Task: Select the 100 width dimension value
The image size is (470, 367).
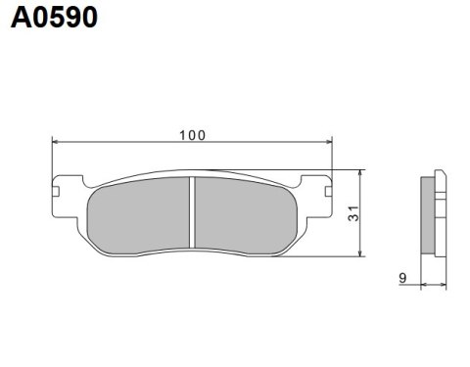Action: [192, 134]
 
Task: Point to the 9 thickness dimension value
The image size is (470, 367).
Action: [403, 279]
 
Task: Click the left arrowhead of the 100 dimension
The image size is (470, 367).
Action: [56, 143]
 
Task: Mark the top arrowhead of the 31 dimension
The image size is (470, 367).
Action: [363, 171]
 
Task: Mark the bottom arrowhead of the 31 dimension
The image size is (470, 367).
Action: [363, 253]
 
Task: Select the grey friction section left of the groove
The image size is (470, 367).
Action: [140, 215]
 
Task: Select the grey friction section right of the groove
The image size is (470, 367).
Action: [245, 215]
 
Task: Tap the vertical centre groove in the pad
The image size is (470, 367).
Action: [193, 215]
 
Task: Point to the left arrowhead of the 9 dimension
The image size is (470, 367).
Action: [423, 286]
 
